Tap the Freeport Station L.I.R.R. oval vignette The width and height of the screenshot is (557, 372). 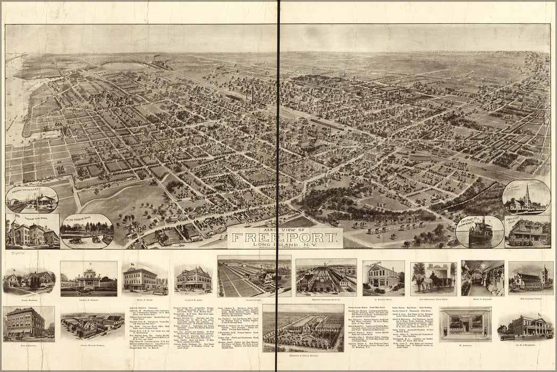coord(32,199)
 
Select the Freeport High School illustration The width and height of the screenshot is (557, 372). coord(32,232)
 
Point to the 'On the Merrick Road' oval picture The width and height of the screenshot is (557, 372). coord(87,231)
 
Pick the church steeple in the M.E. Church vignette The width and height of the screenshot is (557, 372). coord(527,195)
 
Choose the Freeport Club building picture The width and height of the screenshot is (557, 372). coord(527,232)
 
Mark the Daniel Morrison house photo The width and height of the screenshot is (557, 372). coord(29,280)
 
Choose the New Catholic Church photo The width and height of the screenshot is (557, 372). coord(530,278)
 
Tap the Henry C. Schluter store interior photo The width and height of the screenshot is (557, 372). coord(482,278)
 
